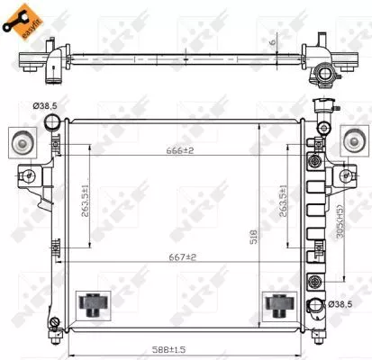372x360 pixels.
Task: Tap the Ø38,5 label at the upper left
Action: (x=45, y=107)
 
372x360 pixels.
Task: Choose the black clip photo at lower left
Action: (x=91, y=304)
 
